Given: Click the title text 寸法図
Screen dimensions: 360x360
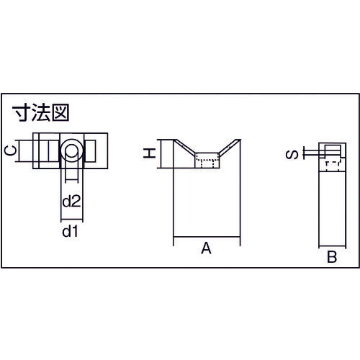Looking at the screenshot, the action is [x=41, y=112].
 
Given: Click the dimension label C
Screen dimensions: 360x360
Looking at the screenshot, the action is [x=11, y=151].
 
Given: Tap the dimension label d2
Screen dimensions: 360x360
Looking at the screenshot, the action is [x=71, y=201].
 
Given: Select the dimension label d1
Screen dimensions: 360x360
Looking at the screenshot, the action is [x=70, y=231].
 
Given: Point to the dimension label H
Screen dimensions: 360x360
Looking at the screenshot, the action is [x=149, y=153].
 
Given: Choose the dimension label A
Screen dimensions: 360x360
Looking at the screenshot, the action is [x=207, y=248].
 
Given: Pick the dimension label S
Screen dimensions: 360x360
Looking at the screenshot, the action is [x=292, y=155].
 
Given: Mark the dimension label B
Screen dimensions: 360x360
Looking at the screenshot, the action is [x=332, y=257].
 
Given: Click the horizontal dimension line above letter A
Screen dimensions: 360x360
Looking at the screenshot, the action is [x=207, y=237].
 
